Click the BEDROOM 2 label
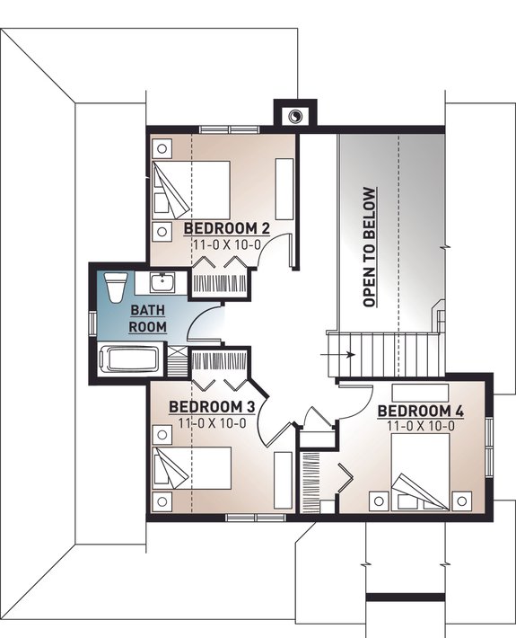pos(227,226)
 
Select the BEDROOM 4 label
pos(421,412)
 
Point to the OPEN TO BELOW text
pos(369,247)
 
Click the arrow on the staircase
pos(346,354)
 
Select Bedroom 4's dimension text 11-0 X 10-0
pos(420,426)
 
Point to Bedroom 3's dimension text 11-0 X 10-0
pos(213,422)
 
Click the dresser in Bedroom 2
pos(284,185)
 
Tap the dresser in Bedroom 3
pos(283,481)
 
